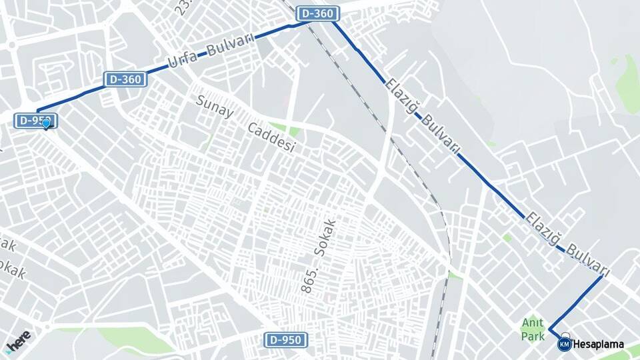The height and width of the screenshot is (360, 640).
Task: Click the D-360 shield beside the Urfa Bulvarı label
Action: [125, 80]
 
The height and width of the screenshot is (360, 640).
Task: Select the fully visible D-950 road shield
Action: [287, 340]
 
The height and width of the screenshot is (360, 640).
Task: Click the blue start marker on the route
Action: [46, 123]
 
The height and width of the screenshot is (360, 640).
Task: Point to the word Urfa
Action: [182, 59]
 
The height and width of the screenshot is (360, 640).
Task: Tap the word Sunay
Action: [215, 106]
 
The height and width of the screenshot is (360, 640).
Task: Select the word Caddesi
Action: [271, 137]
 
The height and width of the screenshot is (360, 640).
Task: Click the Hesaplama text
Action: [598, 345]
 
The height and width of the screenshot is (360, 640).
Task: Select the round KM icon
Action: [564, 344]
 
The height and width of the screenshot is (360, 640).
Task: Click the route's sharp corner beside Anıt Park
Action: [550, 330]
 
